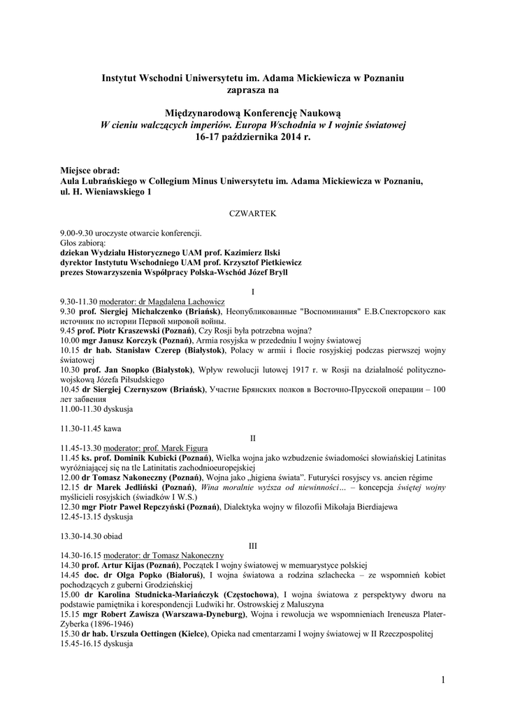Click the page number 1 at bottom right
click(443, 679)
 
